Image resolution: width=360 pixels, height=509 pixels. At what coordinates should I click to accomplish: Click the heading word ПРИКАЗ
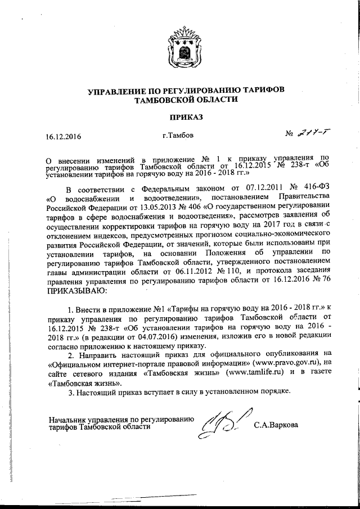coord(179,117)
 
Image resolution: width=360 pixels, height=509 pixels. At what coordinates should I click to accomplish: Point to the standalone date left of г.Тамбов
coord(64,137)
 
